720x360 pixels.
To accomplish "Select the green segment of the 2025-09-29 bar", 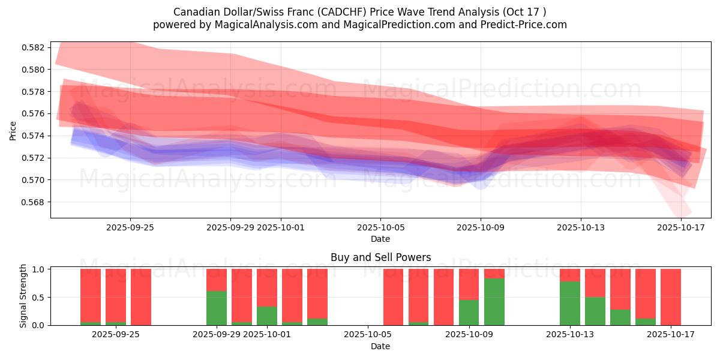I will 217,308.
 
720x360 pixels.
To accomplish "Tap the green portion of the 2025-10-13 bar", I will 570,303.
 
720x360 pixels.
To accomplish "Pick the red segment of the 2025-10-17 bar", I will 671,296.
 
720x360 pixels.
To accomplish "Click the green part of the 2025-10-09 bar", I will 469,313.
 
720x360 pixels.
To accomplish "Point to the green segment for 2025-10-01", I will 267,316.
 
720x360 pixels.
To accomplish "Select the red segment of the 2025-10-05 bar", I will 394,297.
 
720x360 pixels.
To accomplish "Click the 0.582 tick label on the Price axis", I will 34,47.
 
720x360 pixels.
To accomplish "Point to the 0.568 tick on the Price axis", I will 34,202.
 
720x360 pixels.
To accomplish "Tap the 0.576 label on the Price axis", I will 34,114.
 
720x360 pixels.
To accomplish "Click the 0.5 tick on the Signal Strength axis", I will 38,298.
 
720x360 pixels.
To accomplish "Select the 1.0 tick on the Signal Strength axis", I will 38,269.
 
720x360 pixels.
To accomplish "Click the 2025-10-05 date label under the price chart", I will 380,228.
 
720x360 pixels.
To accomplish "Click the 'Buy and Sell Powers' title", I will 380,257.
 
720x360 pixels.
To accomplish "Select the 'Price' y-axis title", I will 13,130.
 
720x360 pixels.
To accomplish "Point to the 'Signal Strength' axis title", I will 23,296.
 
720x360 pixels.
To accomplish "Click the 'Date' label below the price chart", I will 380,239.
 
